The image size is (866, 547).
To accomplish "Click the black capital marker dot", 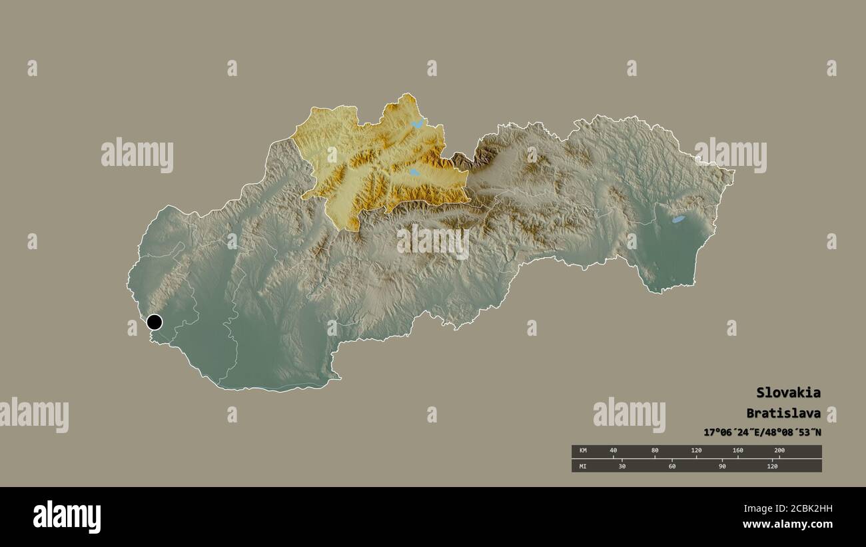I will [x=155, y=322].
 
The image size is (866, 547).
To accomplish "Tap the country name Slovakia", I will [x=788, y=392].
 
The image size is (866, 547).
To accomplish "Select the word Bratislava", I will [x=783, y=413].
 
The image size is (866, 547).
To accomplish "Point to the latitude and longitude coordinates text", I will [x=762, y=432].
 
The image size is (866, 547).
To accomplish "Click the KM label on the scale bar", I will [x=583, y=451].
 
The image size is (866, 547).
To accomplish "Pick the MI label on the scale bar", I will [x=583, y=466].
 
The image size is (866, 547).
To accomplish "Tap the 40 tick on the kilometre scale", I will [x=614, y=451].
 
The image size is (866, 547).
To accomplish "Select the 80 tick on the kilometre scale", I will [x=655, y=451].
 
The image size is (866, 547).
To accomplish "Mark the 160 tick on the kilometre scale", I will [x=737, y=451].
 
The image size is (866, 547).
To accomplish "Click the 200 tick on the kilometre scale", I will [x=779, y=451].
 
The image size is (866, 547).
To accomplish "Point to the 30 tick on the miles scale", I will [x=622, y=466].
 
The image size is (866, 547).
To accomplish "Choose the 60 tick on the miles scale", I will [x=672, y=466].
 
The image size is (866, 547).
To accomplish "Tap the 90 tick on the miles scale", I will [x=722, y=466].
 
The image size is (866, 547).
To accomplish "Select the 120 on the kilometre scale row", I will [x=696, y=451].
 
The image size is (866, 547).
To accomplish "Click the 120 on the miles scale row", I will [x=772, y=466].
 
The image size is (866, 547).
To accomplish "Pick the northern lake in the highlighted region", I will [x=417, y=124].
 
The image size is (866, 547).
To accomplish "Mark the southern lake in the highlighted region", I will [x=414, y=173].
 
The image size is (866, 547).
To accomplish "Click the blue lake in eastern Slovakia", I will [x=677, y=219].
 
